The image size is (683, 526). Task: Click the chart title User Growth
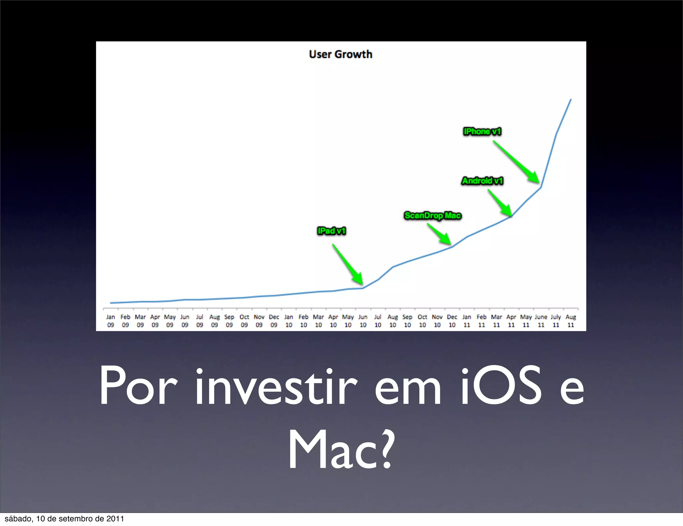(x=340, y=54)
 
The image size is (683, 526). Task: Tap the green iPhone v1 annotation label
(x=482, y=131)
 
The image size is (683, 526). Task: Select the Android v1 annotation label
(x=482, y=181)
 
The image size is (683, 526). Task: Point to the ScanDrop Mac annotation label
(x=433, y=216)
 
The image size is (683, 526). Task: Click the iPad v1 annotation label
(x=331, y=231)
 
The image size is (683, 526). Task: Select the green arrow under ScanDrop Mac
(x=439, y=234)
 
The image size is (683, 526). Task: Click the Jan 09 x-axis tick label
(x=110, y=321)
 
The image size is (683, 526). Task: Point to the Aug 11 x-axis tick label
(x=571, y=321)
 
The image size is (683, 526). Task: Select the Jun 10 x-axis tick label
(x=363, y=321)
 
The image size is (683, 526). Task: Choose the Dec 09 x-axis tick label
(x=274, y=321)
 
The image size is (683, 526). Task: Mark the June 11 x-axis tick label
(x=541, y=321)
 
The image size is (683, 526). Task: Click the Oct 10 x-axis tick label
(x=422, y=321)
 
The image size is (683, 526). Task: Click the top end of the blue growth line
(x=571, y=99)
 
